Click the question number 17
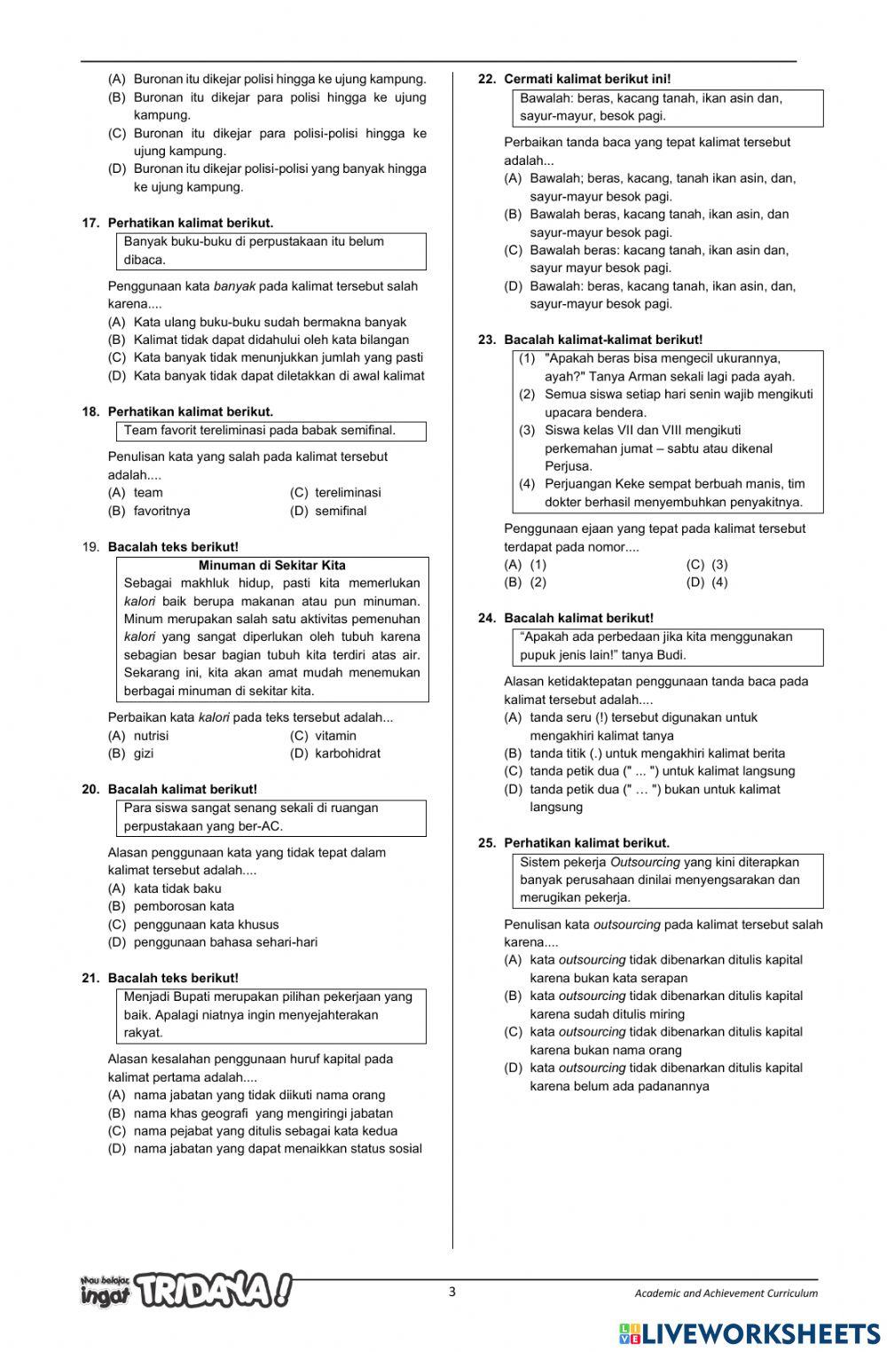coord(90,223)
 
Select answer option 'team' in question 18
coord(147,493)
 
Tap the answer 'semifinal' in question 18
coord(341,512)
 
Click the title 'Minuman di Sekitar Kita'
coord(272,566)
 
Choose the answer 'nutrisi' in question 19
coord(151,736)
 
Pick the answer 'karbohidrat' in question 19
coord(347,754)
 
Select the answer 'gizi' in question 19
coord(143,754)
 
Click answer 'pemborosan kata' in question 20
coord(184,907)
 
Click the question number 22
coord(486,79)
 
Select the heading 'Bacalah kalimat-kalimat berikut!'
coord(603,340)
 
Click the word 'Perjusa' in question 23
coord(568,466)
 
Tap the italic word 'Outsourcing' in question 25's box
coord(645,863)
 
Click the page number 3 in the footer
coord(451,1292)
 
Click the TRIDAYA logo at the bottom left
coord(186,1291)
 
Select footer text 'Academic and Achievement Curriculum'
coord(726,1293)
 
